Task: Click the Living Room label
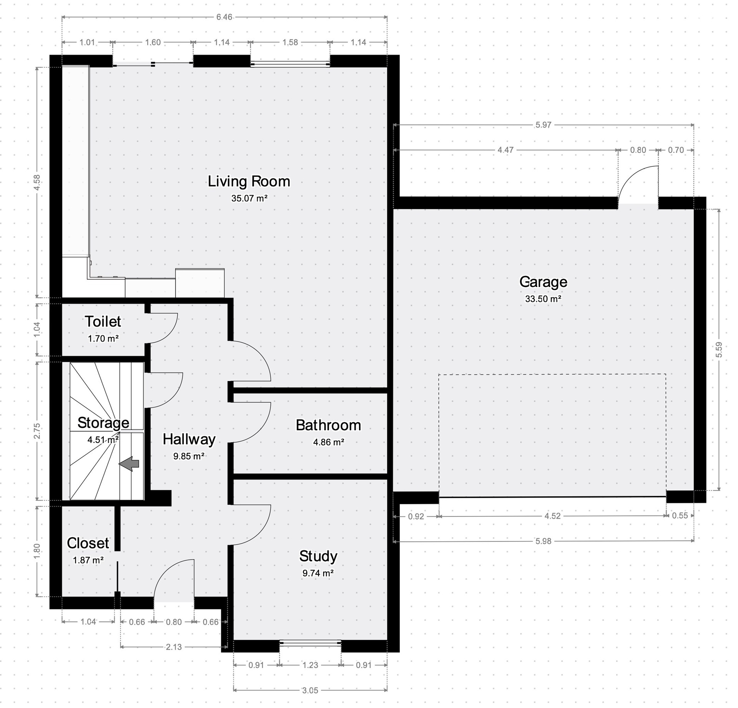(249, 181)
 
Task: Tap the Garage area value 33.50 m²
(543, 299)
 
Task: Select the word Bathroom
(328, 425)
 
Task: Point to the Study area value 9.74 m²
(318, 573)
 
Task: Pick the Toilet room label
(103, 322)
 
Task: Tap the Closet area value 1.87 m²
(88, 560)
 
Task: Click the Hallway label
(189, 439)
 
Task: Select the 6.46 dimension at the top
(224, 17)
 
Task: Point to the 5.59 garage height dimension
(719, 350)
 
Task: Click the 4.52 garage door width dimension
(552, 516)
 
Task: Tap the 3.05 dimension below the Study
(310, 690)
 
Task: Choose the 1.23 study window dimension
(310, 665)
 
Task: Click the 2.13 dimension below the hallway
(174, 647)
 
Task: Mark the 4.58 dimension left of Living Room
(37, 182)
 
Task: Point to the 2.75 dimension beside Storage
(37, 431)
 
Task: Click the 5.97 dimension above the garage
(543, 125)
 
